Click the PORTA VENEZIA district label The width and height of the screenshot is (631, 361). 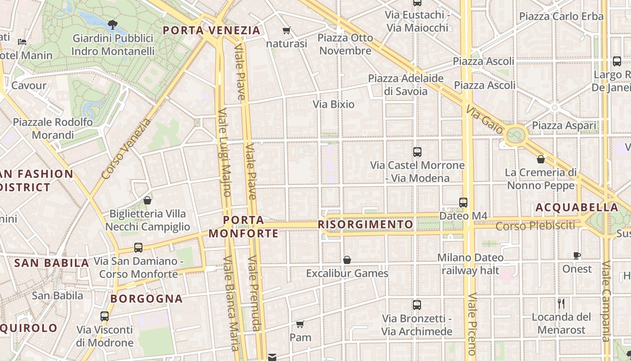coord(211,31)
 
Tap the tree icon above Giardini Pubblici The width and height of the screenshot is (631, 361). coord(113,24)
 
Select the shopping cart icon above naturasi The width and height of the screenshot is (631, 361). coord(286,31)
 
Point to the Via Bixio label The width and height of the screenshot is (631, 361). coord(334,104)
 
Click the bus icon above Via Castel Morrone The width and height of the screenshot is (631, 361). coord(417,152)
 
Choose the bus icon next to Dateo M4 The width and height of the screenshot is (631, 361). coord(463,203)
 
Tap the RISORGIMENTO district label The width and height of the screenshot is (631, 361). coord(366,224)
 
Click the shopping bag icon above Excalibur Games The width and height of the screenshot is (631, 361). coord(347,260)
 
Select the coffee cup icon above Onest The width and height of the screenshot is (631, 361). coord(576,256)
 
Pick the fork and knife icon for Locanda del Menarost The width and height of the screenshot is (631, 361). coord(561,304)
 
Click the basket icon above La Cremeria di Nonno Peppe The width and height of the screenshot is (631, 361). coord(541,159)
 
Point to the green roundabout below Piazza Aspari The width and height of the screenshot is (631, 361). coord(515,134)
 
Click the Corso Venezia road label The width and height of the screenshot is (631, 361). coord(127,148)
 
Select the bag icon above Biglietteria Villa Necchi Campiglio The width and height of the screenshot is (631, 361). coord(147,200)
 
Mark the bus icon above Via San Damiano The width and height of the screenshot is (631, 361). coord(138,248)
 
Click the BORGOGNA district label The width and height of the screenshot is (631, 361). coord(146,299)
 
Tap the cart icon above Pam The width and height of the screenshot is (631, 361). coord(300,324)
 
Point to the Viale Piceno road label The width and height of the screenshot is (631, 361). coord(472,324)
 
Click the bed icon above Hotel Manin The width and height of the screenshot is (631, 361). coord(22,42)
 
